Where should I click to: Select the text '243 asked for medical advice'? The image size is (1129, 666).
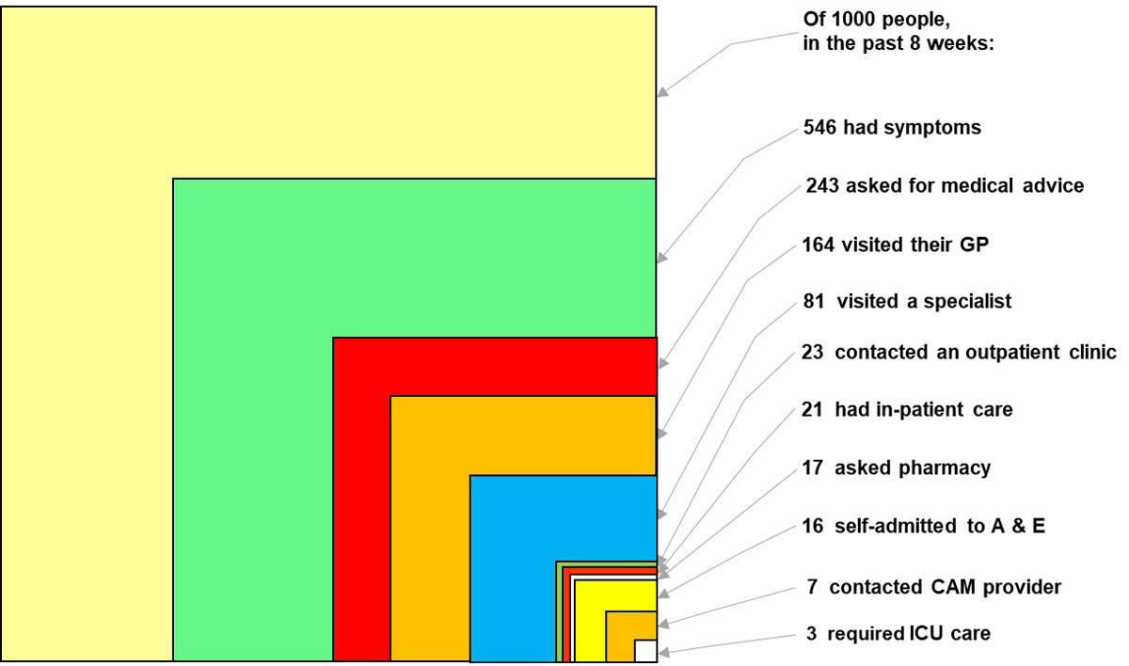945,186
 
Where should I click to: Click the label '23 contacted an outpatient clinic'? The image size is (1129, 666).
960,353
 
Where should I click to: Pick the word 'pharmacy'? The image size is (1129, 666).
952,468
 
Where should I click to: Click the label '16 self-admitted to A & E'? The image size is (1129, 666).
923,527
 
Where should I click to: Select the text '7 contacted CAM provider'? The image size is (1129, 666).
933,588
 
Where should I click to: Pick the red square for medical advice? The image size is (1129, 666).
361,499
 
